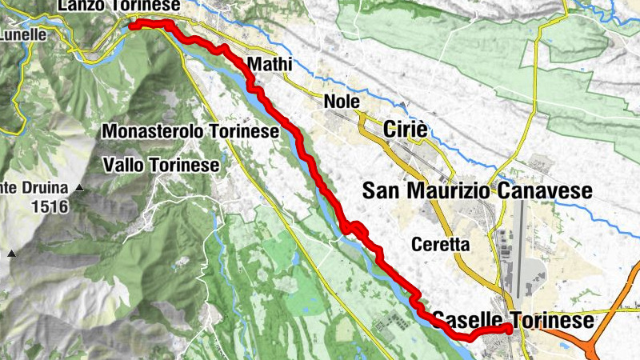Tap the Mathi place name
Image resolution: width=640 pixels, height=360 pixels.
click(x=266, y=64)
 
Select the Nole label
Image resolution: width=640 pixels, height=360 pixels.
click(x=342, y=102)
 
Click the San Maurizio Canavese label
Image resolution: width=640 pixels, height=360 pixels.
click(x=477, y=190)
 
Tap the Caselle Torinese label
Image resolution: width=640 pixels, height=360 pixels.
click(x=514, y=321)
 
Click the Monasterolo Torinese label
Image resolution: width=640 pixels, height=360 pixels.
click(x=190, y=130)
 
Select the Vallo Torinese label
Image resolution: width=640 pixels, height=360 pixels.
click(x=162, y=165)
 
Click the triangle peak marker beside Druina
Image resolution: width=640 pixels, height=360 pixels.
click(x=80, y=189)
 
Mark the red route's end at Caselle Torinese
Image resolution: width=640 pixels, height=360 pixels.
click(x=509, y=329)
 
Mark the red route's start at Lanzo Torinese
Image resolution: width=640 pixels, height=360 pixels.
click(x=133, y=25)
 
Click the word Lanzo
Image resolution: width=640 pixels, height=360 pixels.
click(x=80, y=6)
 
